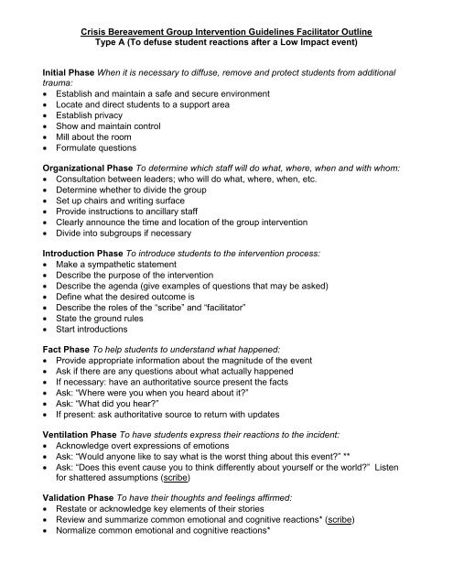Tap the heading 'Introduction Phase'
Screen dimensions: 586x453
pos(73,249)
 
